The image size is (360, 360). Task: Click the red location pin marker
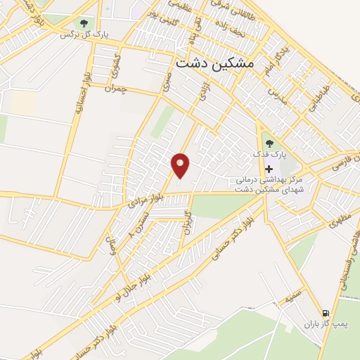pyautogui.click(x=181, y=165)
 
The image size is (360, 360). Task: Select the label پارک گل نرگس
pyautogui.click(x=78, y=34)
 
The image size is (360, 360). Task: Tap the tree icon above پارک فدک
pyautogui.click(x=270, y=143)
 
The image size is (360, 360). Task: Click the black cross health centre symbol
pyautogui.click(x=269, y=169)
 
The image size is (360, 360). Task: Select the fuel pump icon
pyautogui.click(x=325, y=313)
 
